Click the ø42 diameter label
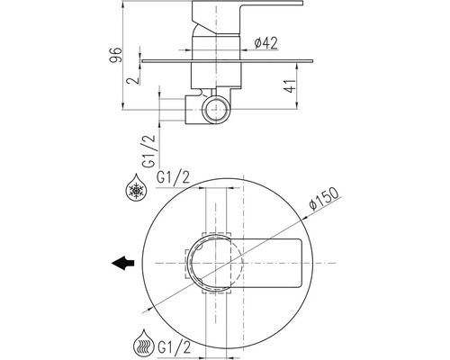[x=265, y=43]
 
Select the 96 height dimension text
[x=116, y=55]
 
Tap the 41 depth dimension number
[x=290, y=86]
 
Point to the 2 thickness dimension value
[x=133, y=80]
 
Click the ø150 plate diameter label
[x=324, y=199]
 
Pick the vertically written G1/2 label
[x=149, y=150]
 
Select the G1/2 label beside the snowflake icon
[x=173, y=178]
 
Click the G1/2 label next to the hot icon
[x=174, y=348]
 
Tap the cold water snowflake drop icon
[x=137, y=187]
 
